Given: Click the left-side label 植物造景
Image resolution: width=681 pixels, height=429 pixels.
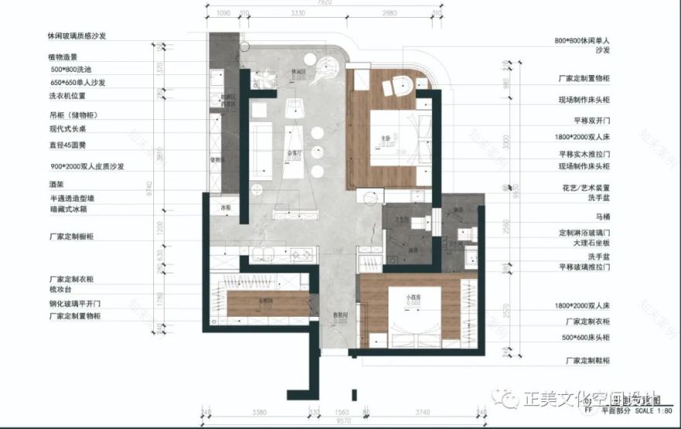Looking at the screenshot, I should [63, 56].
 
